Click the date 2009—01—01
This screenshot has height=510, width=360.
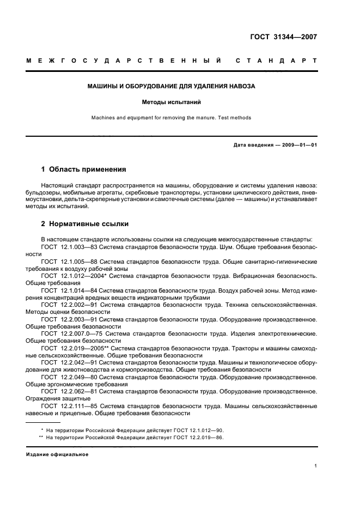coord(298,145)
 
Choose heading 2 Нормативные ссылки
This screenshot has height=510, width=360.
coord(86,224)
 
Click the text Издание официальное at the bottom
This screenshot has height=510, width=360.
coord(57,454)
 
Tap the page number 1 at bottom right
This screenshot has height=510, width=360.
coord(315,466)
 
